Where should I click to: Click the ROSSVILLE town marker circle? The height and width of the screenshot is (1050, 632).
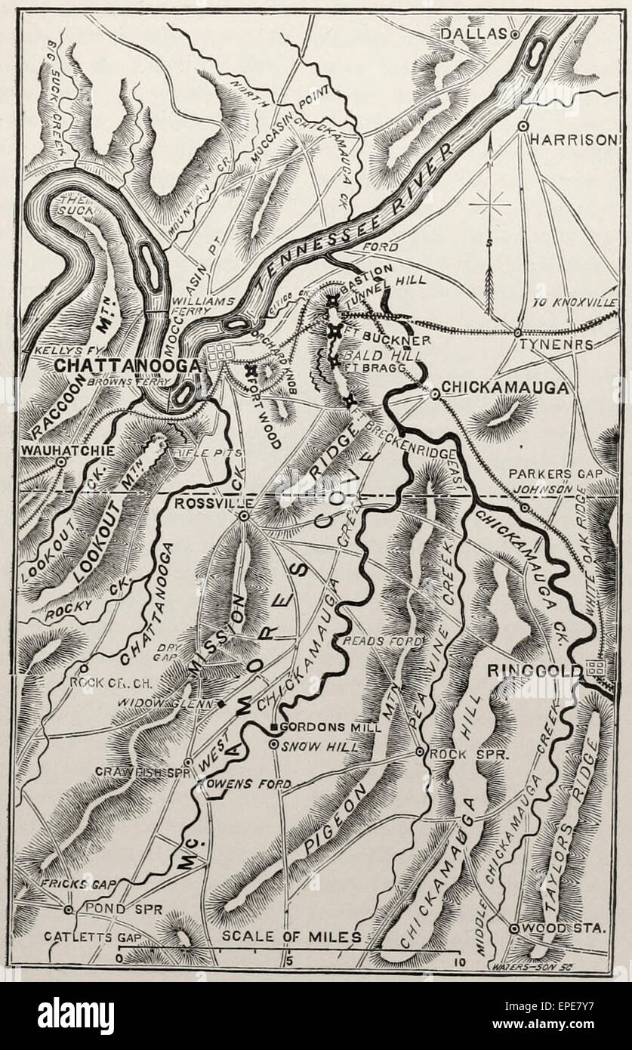tap(244, 516)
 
